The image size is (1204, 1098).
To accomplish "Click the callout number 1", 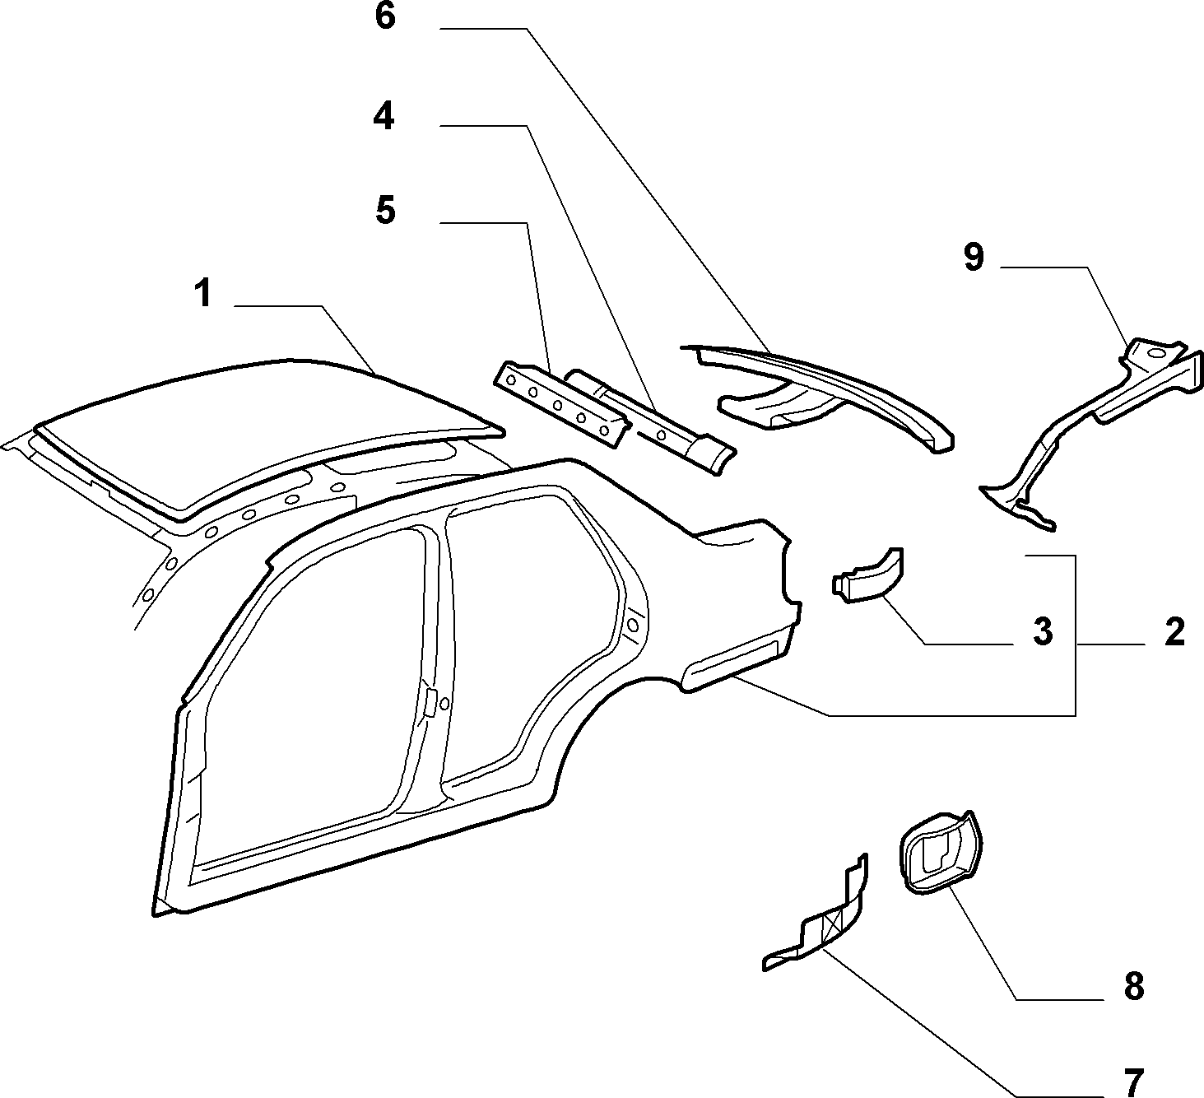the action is click(x=205, y=294).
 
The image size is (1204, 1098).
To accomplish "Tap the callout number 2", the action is click(x=1174, y=632).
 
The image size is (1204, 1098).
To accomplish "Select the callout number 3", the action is click(x=1044, y=632).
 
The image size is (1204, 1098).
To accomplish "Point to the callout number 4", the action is click(x=384, y=116).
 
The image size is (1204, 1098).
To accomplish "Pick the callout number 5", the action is click(x=385, y=212).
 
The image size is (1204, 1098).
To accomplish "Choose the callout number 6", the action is click(x=385, y=16).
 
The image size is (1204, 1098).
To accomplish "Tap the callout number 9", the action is click(x=974, y=257).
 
